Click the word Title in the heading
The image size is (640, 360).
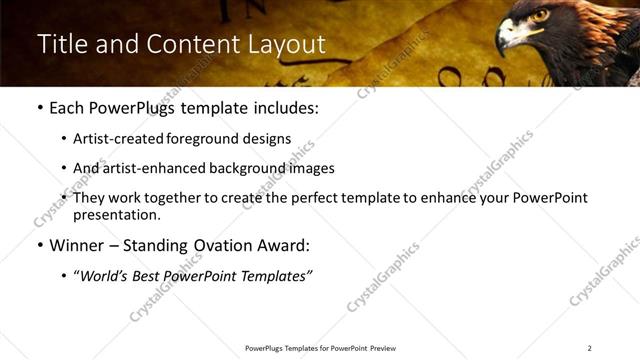(62, 45)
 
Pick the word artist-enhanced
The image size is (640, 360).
(155, 168)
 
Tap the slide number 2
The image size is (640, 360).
(590, 348)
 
